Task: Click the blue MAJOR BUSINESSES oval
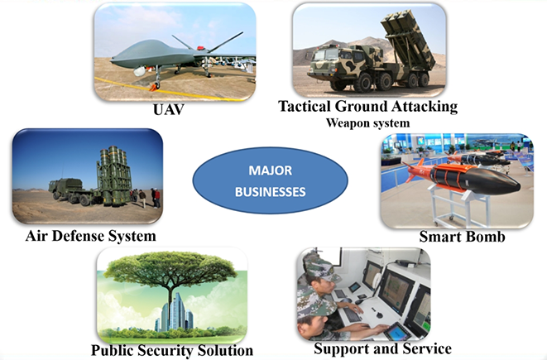coord(270,180)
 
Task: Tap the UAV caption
coord(169,110)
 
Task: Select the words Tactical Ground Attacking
coord(367,107)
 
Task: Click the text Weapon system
coord(367,122)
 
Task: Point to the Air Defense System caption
coord(91,236)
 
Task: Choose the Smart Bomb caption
coord(463,237)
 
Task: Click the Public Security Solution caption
coord(172,351)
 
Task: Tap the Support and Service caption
coord(382,348)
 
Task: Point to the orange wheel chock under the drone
coord(153,87)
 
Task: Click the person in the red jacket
coord(157,198)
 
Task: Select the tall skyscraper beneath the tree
coord(176,311)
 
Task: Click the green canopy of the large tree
coord(170,267)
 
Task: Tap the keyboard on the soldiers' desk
coord(352,314)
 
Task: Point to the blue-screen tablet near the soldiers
coord(398,331)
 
